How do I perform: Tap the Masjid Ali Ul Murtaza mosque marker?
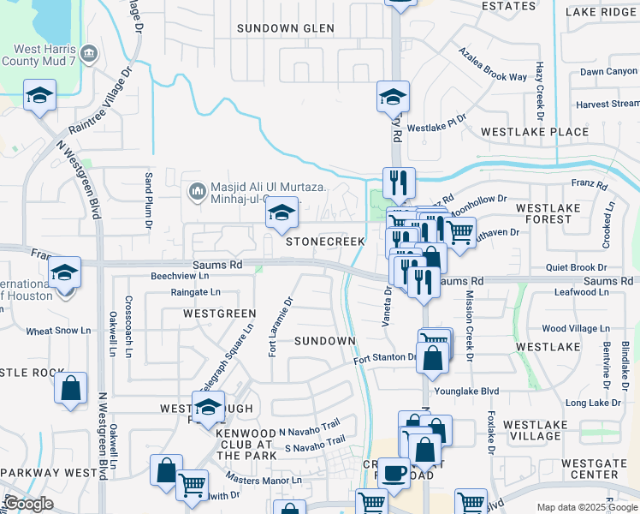coord(198,188)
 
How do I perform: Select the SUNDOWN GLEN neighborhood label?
coord(285,28)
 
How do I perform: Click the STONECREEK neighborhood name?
coord(325,242)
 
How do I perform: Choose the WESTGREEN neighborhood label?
coord(219,314)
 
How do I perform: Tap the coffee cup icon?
coord(394,473)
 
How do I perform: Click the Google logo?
coord(28,504)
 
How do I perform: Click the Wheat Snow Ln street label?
coord(58,331)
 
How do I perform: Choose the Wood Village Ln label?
coord(576,328)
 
